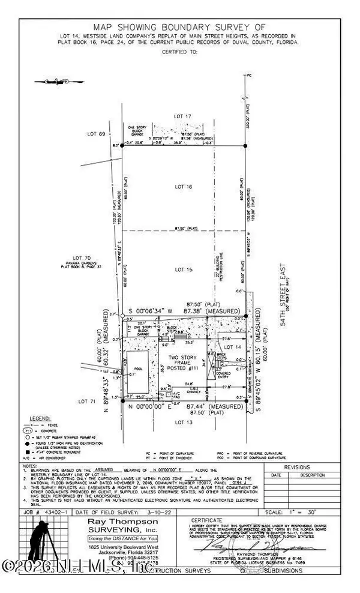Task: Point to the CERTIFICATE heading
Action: tap(205, 519)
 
